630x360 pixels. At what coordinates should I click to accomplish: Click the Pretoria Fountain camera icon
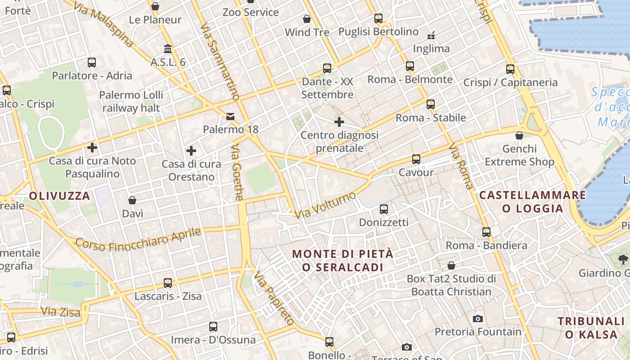(478, 319)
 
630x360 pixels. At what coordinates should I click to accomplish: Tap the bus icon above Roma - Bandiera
(486, 232)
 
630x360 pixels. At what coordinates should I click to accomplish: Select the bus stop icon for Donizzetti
(384, 209)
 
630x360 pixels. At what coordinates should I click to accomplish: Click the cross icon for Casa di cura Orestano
(191, 151)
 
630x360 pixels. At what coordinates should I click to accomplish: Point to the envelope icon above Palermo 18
(230, 117)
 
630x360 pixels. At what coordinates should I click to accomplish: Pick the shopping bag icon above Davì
(132, 200)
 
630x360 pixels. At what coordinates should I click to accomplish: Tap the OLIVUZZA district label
(60, 196)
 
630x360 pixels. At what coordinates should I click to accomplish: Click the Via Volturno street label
(326, 205)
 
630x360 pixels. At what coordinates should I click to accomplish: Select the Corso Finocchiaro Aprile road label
(138, 239)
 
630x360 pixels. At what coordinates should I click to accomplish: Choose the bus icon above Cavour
(416, 159)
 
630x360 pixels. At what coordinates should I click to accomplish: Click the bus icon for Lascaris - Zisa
(168, 283)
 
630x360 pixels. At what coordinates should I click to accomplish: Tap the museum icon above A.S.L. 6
(168, 49)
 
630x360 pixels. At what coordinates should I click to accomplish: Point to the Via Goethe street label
(237, 172)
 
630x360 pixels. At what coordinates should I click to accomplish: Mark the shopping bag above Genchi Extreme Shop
(519, 135)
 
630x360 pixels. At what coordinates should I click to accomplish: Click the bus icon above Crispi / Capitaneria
(510, 69)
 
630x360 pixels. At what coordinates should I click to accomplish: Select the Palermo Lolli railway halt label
(131, 101)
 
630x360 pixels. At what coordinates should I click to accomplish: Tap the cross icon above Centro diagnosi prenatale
(339, 122)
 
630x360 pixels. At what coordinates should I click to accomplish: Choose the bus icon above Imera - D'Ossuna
(213, 327)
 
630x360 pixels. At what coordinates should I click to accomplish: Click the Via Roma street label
(461, 166)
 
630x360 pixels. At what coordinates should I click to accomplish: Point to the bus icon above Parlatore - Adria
(92, 63)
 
